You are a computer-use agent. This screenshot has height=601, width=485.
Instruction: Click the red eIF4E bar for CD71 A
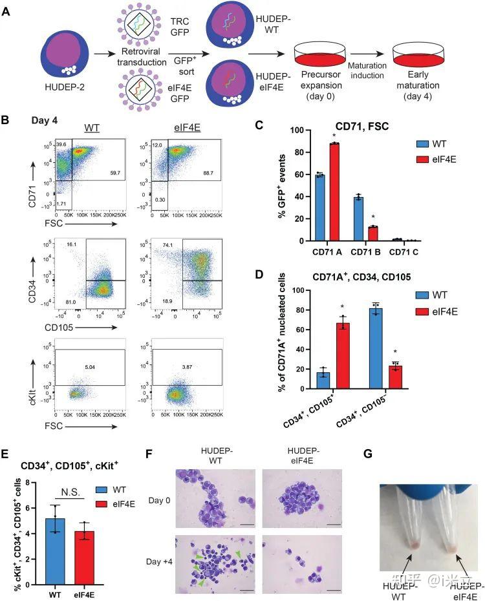334,192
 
